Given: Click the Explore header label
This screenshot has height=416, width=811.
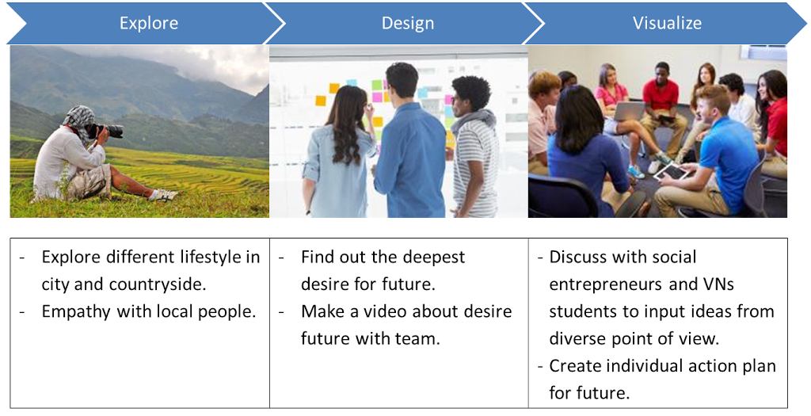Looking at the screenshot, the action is pyautogui.click(x=149, y=23).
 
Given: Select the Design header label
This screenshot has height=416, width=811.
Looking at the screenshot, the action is pyautogui.click(x=408, y=23).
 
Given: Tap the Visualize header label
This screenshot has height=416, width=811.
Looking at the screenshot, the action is pyautogui.click(x=667, y=23).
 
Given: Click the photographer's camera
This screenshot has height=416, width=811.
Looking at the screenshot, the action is pyautogui.click(x=106, y=131).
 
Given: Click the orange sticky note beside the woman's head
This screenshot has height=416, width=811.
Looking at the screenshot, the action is pyautogui.click(x=321, y=101).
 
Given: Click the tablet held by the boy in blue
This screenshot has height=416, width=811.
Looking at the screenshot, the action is pyautogui.click(x=672, y=172).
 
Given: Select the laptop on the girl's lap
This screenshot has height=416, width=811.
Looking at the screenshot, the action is pyautogui.click(x=629, y=111).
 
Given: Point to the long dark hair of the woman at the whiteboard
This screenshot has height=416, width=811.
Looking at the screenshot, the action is pyautogui.click(x=346, y=127).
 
